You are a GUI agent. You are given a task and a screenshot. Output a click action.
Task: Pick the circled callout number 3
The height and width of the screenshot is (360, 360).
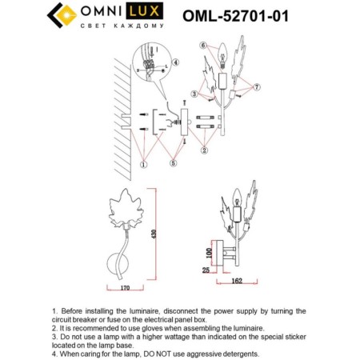pos(193,94)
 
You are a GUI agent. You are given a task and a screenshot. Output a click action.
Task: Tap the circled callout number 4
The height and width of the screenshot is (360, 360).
pos(176,62)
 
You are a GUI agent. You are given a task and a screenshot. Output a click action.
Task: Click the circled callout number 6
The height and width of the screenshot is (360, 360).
pos(203,45)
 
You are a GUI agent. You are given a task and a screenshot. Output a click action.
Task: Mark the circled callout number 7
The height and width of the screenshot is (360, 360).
pos(257,86)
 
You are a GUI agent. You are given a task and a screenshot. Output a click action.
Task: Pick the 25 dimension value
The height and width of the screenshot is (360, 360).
pos(206,272)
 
